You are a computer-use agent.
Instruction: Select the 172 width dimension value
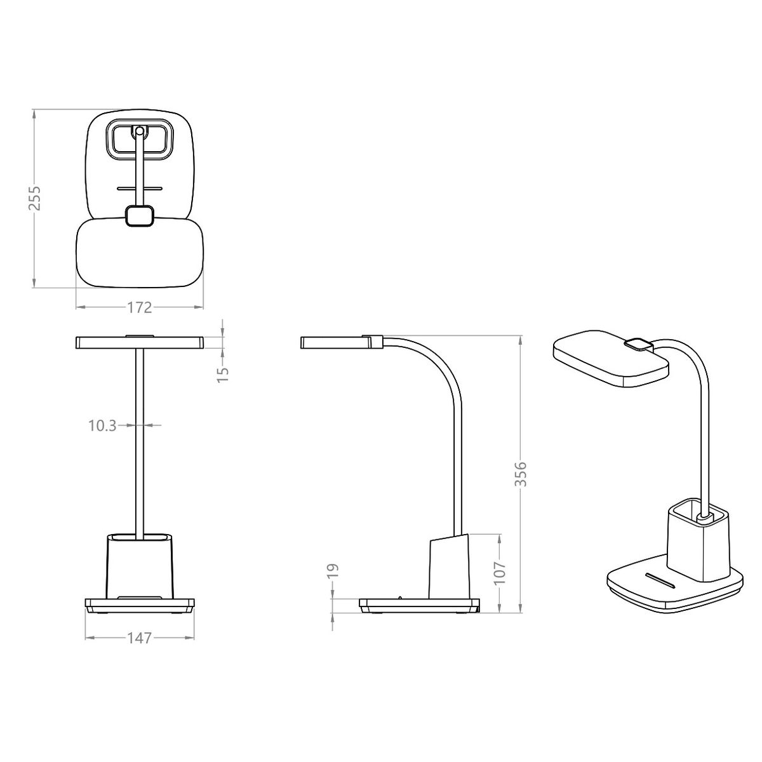tap(139, 307)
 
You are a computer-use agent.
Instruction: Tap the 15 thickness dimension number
tap(223, 375)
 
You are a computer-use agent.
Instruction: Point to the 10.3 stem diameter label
tap(102, 426)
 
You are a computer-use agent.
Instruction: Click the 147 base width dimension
tap(139, 638)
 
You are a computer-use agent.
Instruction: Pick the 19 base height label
tap(334, 571)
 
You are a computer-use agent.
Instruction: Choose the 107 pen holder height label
tap(500, 571)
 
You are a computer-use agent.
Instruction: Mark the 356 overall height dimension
tap(522, 474)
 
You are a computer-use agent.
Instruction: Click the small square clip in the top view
tap(140, 216)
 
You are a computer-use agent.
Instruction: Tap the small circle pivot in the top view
tap(139, 131)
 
